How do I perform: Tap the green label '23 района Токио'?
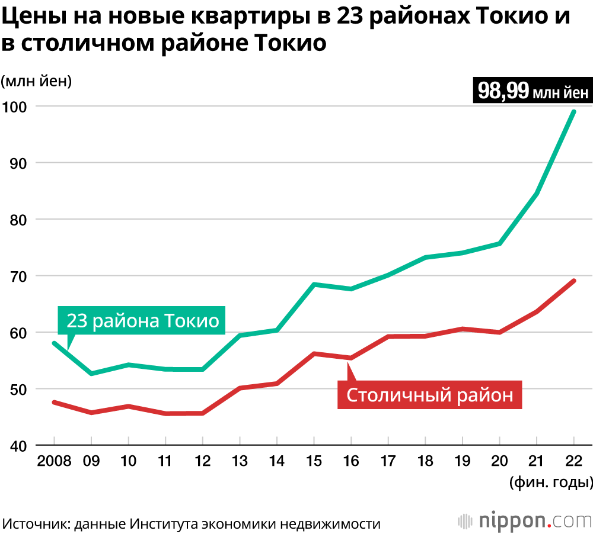tap(142, 321)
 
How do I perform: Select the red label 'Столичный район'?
tap(429, 394)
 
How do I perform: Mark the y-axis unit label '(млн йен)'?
tap(36, 81)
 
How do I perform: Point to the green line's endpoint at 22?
tap(573, 111)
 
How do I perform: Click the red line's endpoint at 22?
tap(573, 281)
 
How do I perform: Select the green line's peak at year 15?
tap(314, 285)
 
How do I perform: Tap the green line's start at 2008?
tap(54, 343)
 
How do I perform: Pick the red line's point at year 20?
tap(499, 332)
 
